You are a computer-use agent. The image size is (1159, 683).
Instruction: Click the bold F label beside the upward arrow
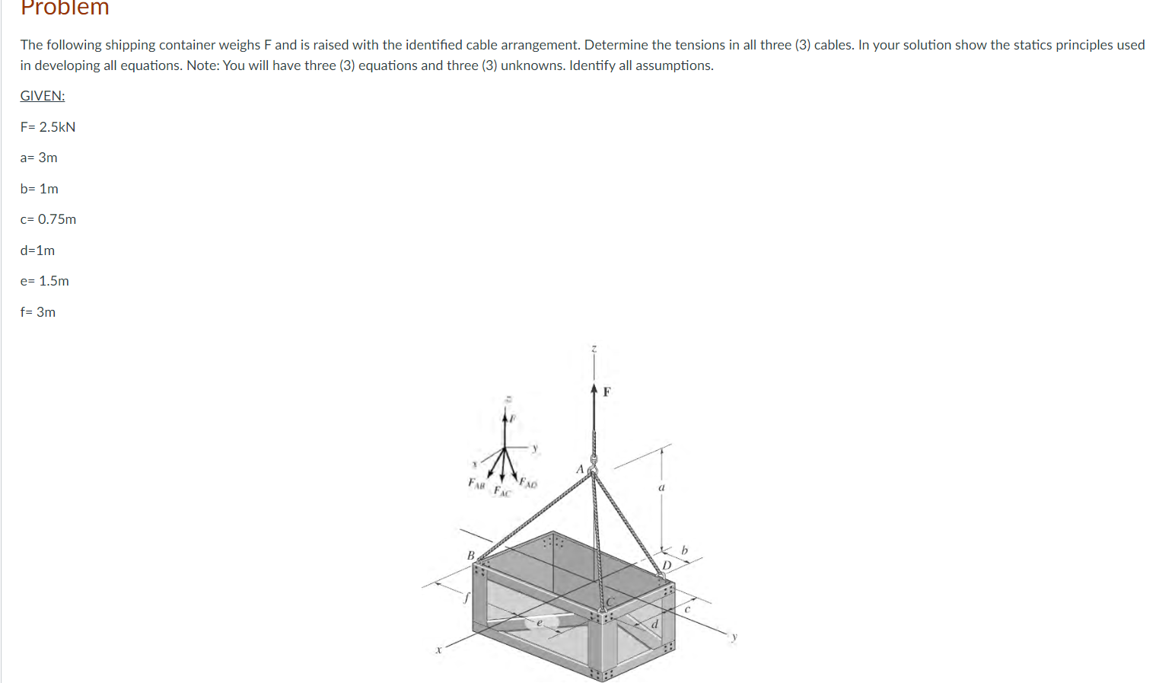coord(607,392)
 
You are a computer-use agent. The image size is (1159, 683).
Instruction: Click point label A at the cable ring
coord(580,469)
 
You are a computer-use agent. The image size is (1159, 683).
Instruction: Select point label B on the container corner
coord(470,555)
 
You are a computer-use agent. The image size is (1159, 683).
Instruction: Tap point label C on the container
coord(610,602)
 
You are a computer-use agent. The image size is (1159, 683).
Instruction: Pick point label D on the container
coord(666,565)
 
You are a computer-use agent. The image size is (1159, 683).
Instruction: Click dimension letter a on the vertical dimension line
coord(661,487)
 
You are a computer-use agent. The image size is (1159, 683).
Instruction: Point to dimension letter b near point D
coord(684,550)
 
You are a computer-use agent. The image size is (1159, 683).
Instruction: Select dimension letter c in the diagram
coord(686,608)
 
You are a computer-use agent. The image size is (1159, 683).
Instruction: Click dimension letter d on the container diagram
coord(654,624)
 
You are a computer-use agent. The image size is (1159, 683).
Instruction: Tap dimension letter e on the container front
coord(539,623)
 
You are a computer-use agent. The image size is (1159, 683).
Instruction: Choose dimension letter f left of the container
coord(466,598)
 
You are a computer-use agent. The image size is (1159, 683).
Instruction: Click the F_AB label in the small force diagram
coord(476,483)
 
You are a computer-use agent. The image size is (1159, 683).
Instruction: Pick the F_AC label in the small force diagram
coord(501,491)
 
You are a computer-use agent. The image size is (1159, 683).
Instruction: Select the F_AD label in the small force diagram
coord(528,482)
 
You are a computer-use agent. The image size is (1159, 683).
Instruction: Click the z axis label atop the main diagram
coord(594,349)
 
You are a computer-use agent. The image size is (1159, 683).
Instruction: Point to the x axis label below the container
coord(438,650)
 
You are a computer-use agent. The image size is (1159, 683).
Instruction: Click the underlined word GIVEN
coord(43,96)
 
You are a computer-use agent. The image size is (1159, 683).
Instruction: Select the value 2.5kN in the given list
coord(57,127)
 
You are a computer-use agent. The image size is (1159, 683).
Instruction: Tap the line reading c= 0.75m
coord(48,219)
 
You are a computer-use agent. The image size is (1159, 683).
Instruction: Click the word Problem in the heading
coord(65,8)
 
